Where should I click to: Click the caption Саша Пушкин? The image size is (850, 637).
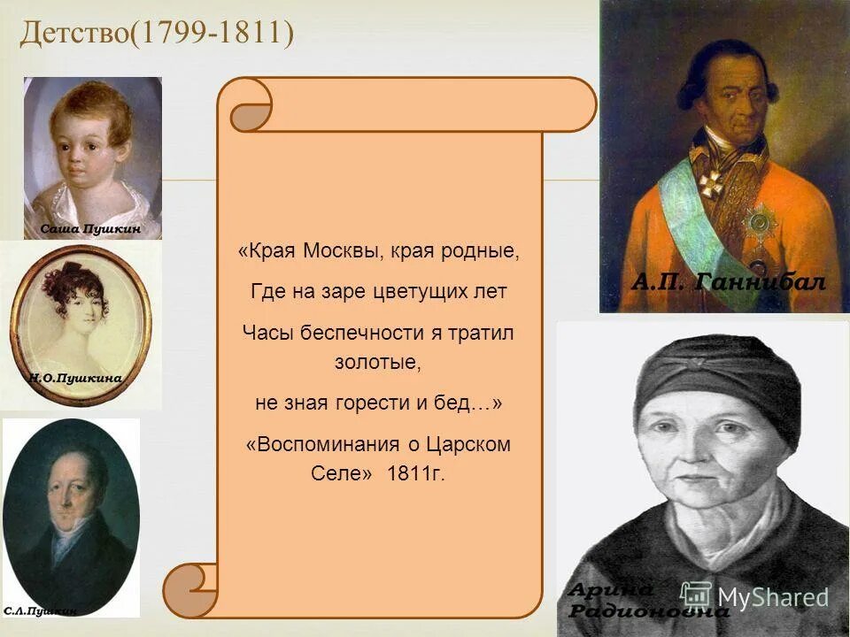89,229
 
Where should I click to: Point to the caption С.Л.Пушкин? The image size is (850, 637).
40,610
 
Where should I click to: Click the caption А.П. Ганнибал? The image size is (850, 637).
728,281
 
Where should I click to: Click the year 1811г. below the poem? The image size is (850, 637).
416,473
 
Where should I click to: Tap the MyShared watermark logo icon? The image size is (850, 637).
697,595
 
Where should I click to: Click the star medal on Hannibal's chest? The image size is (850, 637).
758,224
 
